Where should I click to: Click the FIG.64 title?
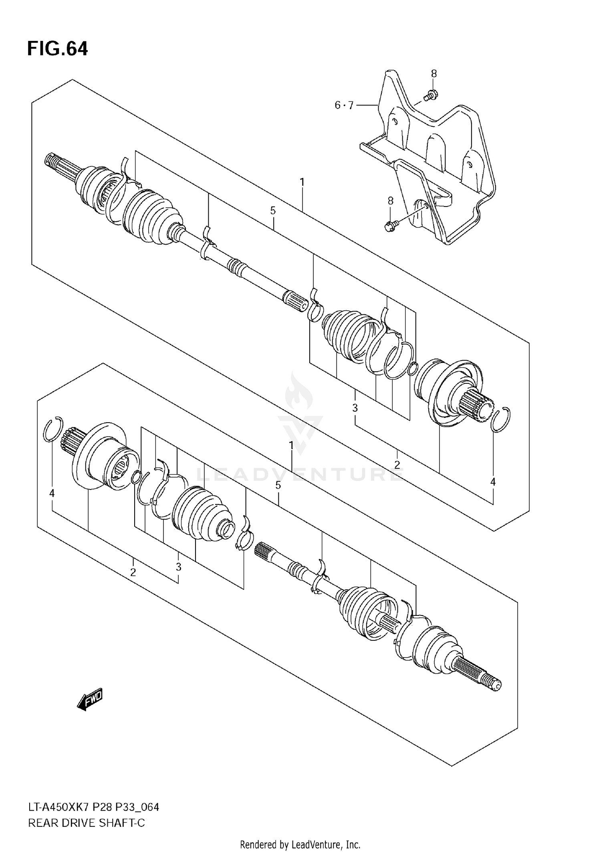(57, 49)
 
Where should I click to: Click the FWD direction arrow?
(90, 700)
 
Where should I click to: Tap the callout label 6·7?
(344, 105)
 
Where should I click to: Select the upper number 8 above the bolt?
(434, 73)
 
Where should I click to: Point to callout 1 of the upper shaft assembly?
(302, 182)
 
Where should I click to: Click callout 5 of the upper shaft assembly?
(273, 210)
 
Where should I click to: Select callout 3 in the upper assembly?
(355, 408)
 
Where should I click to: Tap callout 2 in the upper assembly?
(397, 465)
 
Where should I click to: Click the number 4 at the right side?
(493, 482)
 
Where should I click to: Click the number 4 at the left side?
(52, 494)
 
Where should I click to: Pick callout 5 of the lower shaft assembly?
(278, 486)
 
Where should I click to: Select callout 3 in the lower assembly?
(178, 567)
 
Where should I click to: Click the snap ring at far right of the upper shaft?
(501, 420)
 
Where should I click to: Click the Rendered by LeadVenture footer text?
(300, 845)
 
